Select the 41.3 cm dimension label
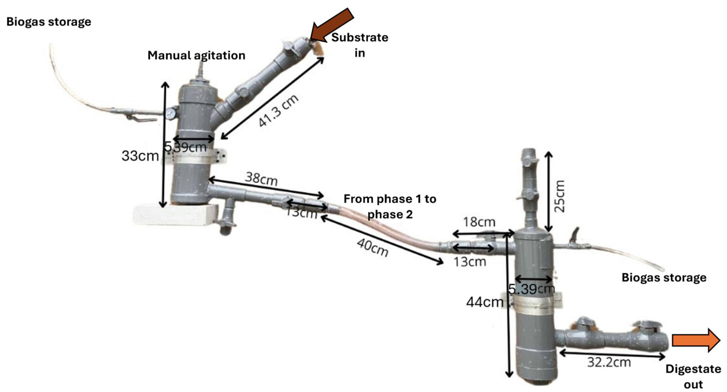click(278, 110)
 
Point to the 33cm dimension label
click(140, 156)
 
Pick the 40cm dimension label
click(373, 247)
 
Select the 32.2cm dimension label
click(609, 362)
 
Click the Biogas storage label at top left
click(49, 22)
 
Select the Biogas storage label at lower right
click(664, 277)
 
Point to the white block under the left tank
click(175, 215)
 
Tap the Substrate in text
click(360, 45)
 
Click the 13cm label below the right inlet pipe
click(470, 262)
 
